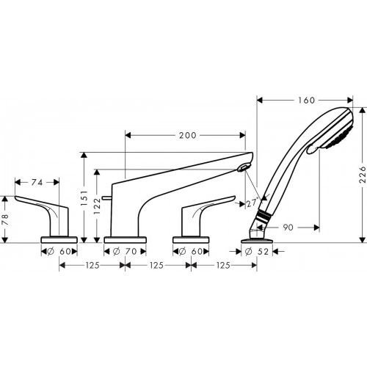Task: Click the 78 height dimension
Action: [6, 218]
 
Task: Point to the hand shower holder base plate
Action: [254, 238]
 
